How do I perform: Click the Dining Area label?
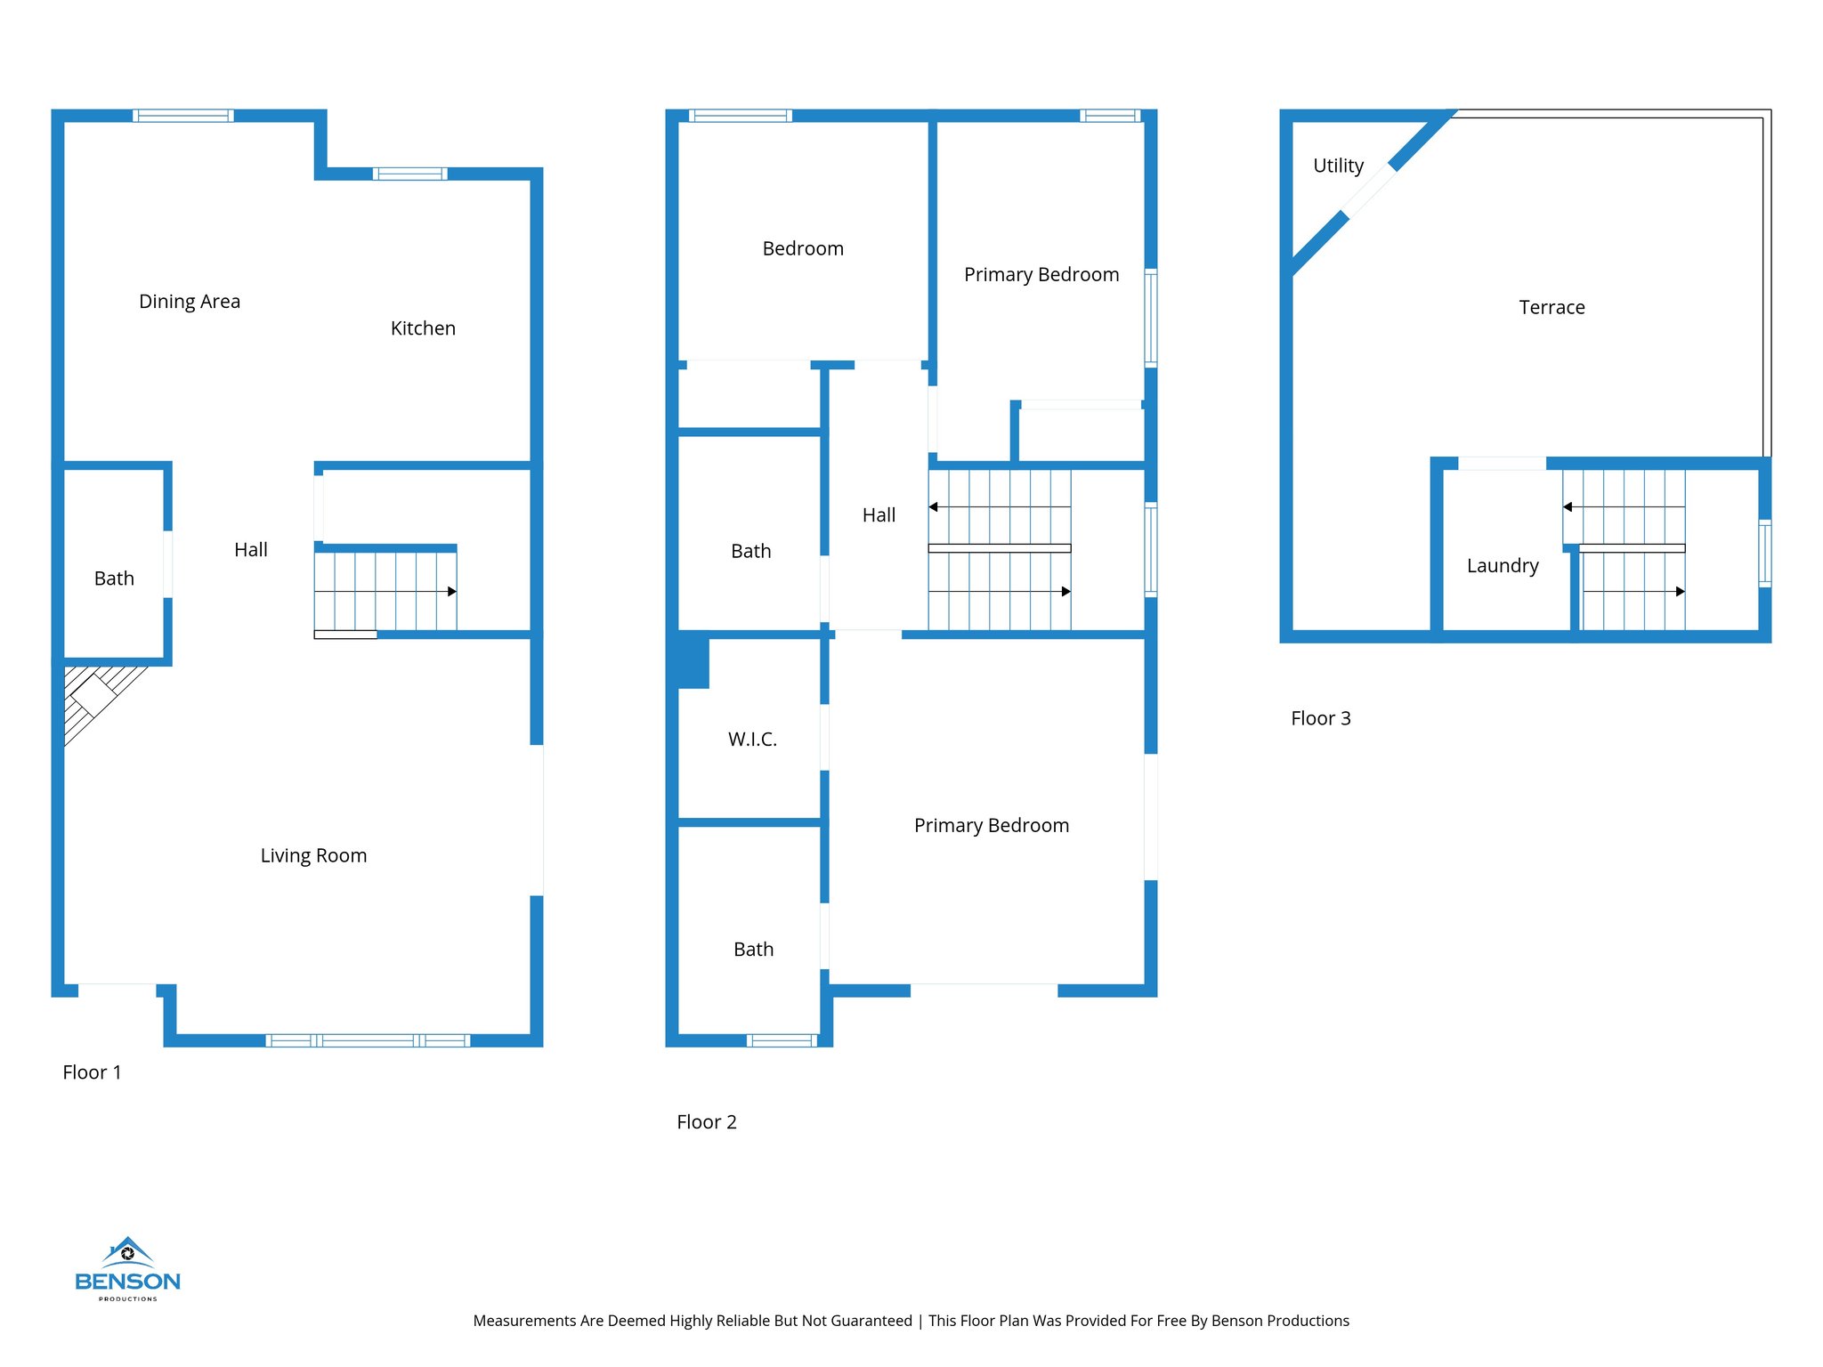coord(190,302)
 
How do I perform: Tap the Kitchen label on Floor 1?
coord(423,328)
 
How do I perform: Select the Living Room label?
coord(313,855)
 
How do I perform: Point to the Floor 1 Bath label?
coord(114,578)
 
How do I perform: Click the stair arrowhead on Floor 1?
coord(452,592)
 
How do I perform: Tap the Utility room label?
coord(1338,166)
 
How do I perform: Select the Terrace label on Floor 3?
coord(1552,308)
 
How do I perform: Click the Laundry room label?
coord(1503,566)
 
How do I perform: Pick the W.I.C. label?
coord(752,740)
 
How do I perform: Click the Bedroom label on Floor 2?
coord(803,249)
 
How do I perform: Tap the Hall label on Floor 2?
coord(879,515)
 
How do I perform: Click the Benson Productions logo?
coord(127,1269)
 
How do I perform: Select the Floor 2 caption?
coord(707,1122)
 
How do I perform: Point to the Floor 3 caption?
coord(1321,718)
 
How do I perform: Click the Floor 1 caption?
coord(92,1072)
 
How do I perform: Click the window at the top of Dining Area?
coord(183,116)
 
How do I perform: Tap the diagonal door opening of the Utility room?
coord(1369,191)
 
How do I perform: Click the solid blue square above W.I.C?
coord(693,660)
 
